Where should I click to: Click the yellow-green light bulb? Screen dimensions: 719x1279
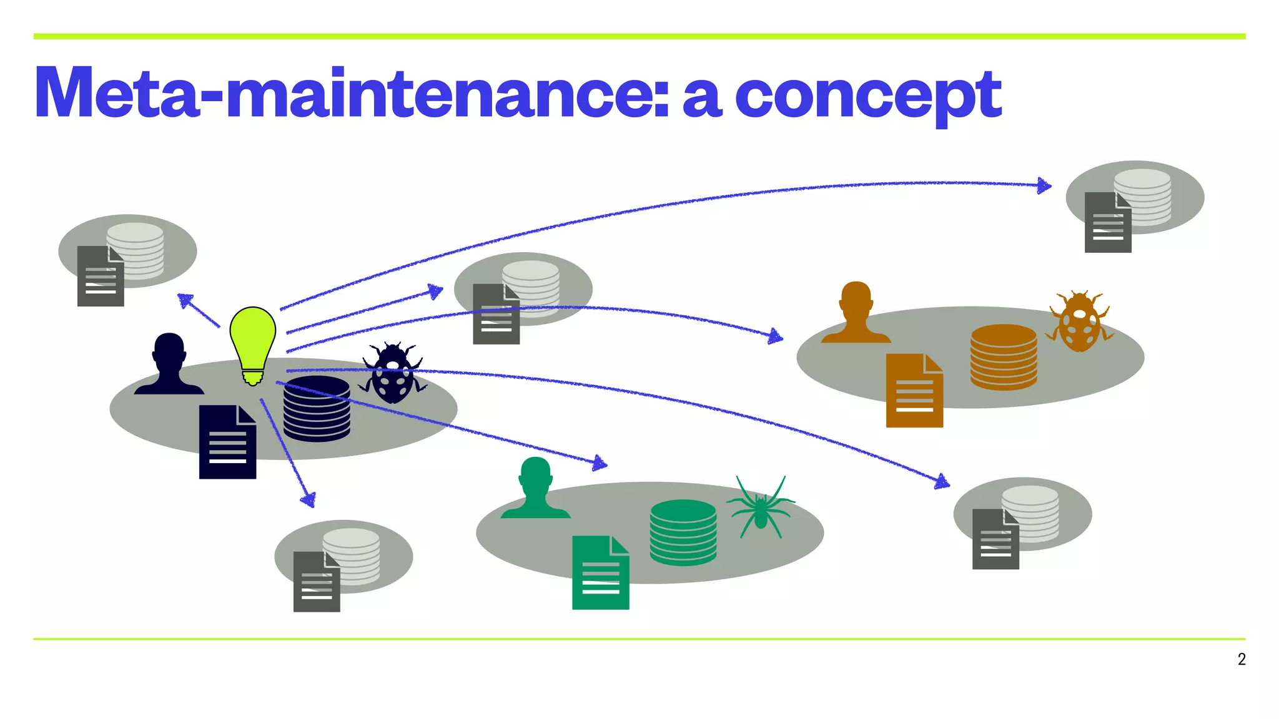pos(253,340)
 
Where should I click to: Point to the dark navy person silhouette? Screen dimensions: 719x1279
pos(169,365)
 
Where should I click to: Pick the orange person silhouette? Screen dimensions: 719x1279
pos(856,313)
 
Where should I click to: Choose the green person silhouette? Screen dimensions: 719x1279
pos(535,489)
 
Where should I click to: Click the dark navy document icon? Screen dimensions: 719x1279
pos(227,443)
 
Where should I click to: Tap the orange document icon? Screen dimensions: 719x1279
pos(914,391)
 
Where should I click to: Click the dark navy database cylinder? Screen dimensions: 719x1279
pos(317,409)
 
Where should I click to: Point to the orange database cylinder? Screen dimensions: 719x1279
pos(1004,358)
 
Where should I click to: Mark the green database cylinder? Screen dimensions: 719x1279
pos(683,532)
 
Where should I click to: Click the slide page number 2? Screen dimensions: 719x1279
pos(1242,660)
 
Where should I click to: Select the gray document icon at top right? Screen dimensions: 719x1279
pos(1108,223)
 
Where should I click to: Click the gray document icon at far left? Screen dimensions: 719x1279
pos(100,276)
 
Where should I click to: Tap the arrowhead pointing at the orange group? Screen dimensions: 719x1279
pos(776,337)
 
